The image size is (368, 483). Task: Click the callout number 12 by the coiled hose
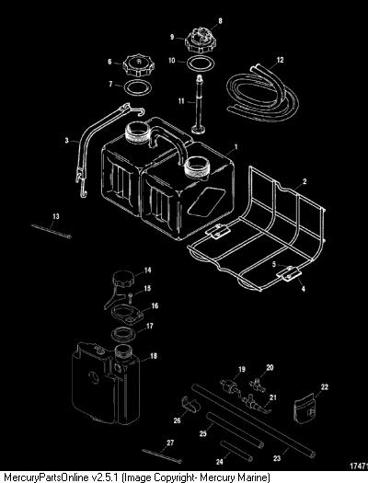point(280,60)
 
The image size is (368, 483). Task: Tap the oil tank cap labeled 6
point(139,65)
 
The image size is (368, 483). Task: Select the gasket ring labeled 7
point(138,87)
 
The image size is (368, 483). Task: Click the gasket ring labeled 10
point(201,63)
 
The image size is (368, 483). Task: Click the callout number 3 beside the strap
point(67,141)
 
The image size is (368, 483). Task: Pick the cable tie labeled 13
point(52,231)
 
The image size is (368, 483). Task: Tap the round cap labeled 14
point(123,278)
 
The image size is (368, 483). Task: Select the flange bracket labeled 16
point(128,315)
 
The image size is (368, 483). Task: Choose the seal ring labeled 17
point(124,335)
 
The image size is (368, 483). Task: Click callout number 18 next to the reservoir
point(153,356)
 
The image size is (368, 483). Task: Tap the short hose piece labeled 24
point(236,452)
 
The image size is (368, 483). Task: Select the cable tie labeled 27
point(162,455)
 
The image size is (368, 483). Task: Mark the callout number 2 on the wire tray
point(305,181)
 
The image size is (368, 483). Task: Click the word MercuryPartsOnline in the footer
point(48,477)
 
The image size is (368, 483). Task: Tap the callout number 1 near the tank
point(236,147)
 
